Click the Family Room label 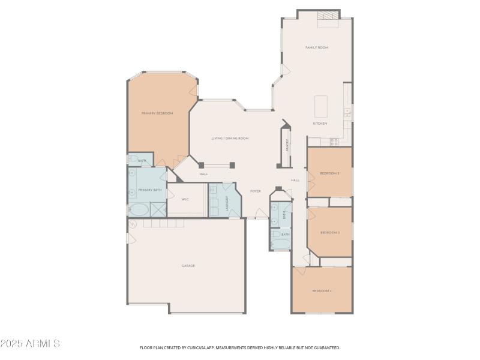click(x=317, y=47)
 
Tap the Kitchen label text click(x=320, y=124)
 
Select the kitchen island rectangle click(x=321, y=106)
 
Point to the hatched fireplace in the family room click(x=328, y=16)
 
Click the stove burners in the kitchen click(x=334, y=142)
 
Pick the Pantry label click(x=287, y=145)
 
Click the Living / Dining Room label click(x=230, y=139)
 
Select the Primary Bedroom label click(x=157, y=113)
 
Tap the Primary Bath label click(x=150, y=190)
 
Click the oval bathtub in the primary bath click(x=139, y=209)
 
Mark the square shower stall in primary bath click(x=158, y=209)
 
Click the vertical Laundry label click(x=227, y=202)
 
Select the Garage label click(x=188, y=265)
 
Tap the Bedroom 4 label click(x=322, y=291)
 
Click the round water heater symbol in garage click(x=133, y=224)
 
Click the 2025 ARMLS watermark click(x=30, y=344)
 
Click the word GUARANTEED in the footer click(x=326, y=347)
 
